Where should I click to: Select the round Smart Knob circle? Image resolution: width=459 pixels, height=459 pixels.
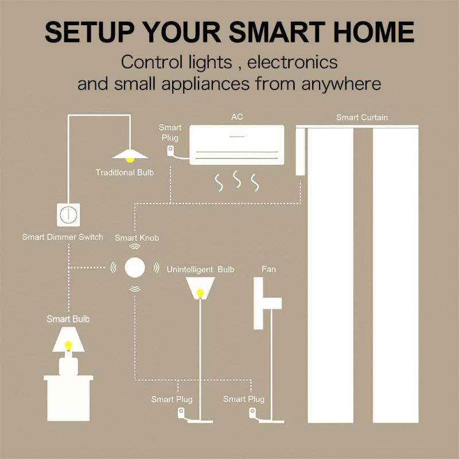click(135, 267)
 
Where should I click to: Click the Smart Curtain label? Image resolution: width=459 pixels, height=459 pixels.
click(361, 118)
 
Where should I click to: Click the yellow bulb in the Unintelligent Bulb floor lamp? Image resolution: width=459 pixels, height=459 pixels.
click(200, 293)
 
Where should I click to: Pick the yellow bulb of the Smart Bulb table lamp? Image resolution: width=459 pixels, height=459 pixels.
click(68, 345)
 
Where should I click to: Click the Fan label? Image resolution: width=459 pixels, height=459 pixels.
click(268, 269)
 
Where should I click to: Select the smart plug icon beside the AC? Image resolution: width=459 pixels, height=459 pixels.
click(170, 151)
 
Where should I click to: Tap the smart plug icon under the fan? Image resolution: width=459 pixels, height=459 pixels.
click(252, 412)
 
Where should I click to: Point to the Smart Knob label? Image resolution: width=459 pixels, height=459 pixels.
click(137, 238)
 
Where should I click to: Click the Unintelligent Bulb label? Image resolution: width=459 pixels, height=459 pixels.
click(200, 269)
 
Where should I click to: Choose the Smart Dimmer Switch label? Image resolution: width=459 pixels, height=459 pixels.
click(63, 237)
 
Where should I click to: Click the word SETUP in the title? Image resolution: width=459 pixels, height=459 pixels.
click(90, 32)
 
